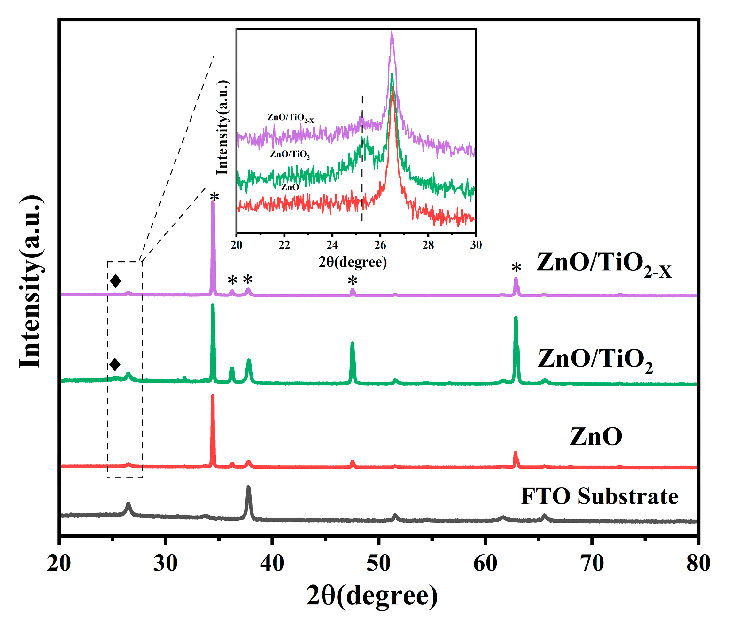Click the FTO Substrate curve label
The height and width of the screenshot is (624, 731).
[x=599, y=497]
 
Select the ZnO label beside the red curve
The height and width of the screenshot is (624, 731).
[x=596, y=437]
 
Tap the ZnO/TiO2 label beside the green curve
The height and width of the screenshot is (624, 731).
[x=595, y=359]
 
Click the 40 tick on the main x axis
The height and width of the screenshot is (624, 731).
[x=272, y=563]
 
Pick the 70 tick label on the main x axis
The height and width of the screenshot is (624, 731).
[x=592, y=563]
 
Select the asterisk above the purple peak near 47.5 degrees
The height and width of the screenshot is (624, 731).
[x=353, y=281]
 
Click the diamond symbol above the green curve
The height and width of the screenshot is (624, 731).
[x=115, y=365]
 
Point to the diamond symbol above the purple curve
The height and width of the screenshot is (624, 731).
[x=115, y=281]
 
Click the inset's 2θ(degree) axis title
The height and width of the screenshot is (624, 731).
[x=353, y=262]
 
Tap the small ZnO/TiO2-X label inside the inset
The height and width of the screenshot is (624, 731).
[x=290, y=117]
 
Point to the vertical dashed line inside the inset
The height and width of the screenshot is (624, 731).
[x=362, y=159]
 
